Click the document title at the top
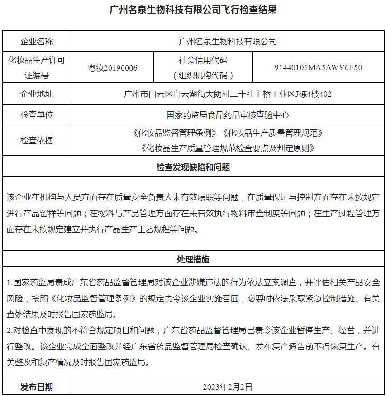click(193, 10)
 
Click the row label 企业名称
click(37, 42)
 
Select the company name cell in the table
click(228, 42)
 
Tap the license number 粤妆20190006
click(112, 68)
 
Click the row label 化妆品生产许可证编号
click(37, 68)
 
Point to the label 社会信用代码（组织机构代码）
click(203, 68)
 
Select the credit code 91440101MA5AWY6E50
click(318, 68)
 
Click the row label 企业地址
click(37, 94)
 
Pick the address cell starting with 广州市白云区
click(228, 94)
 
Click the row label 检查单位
click(37, 115)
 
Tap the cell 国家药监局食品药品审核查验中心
click(228, 115)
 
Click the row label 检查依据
click(37, 141)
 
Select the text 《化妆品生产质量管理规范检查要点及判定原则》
click(228, 148)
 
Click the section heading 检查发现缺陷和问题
click(193, 167)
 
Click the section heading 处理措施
click(193, 260)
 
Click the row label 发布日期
click(37, 387)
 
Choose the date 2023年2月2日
click(228, 387)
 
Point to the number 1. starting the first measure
click(10, 283)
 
